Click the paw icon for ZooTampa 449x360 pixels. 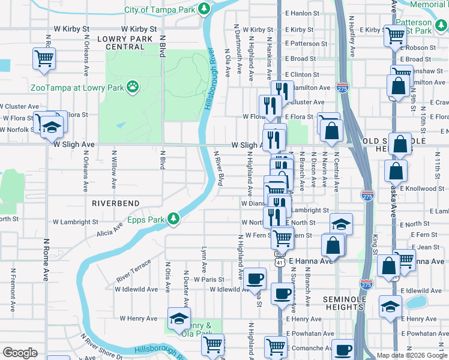point(133,89)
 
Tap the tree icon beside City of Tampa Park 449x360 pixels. point(205,9)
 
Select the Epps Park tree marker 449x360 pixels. point(173,218)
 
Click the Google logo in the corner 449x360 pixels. point(20,353)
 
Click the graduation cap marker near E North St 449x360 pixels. point(341,224)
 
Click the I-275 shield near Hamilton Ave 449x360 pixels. point(343,86)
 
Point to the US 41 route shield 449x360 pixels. point(280,262)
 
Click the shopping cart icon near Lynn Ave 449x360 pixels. point(212,344)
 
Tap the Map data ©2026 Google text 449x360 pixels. point(412,355)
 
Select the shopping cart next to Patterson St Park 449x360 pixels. point(395,36)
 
